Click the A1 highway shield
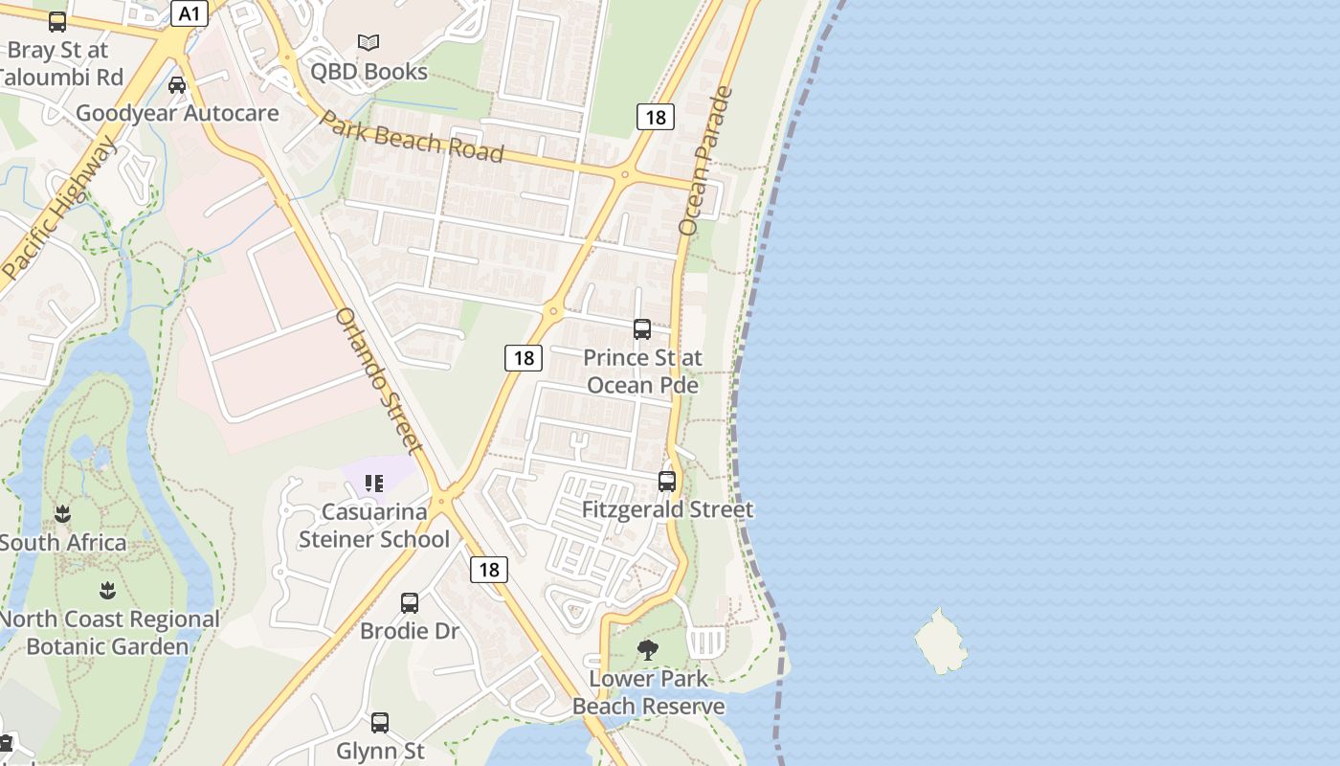[x=189, y=13]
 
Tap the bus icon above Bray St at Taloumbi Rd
[x=57, y=22]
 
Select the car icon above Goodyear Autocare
[x=177, y=84]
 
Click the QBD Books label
[x=368, y=72]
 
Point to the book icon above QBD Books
[x=368, y=42]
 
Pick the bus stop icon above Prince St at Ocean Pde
[x=642, y=329]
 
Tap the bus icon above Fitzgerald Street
[x=667, y=481]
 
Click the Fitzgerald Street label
[x=667, y=509]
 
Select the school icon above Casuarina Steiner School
[x=374, y=484]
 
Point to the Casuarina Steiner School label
[x=373, y=526]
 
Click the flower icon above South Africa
[x=63, y=514]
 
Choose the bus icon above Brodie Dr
[x=410, y=603]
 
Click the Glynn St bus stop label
[x=380, y=751]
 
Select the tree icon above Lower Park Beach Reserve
[x=648, y=650]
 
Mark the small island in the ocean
[x=941, y=642]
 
